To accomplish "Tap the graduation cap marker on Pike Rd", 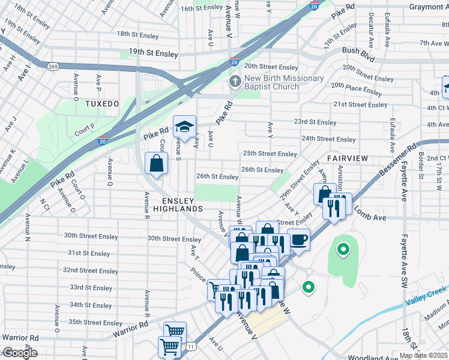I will tap(184, 126).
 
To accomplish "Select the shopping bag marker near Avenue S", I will tap(156, 163).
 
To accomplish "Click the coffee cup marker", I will tap(298, 239).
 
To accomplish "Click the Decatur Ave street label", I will tap(370, 29).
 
